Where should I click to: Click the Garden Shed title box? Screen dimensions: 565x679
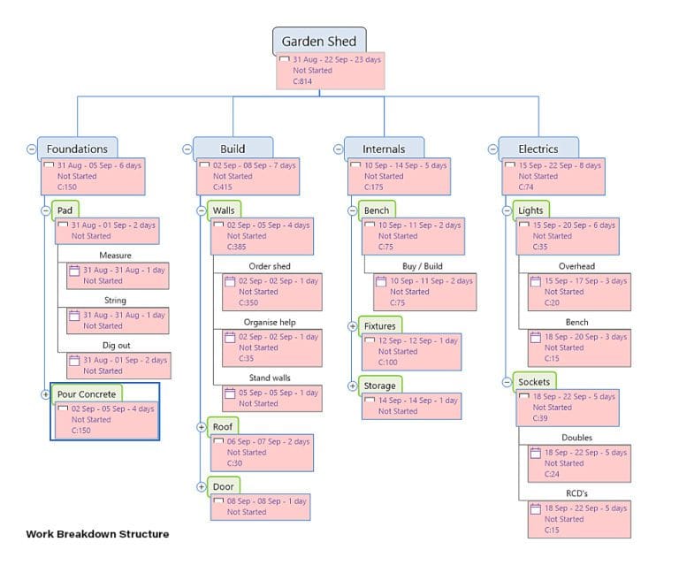pyautogui.click(x=318, y=41)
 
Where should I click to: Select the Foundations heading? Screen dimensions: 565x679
pyautogui.click(x=77, y=149)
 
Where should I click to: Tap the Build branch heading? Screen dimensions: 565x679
pyautogui.click(x=233, y=149)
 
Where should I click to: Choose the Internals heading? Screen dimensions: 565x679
pyautogui.click(x=384, y=149)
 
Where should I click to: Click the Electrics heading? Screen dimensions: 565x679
pyautogui.click(x=538, y=149)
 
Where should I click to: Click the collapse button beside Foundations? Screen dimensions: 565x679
pyautogui.click(x=32, y=149)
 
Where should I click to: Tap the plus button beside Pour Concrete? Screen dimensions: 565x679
pyautogui.click(x=46, y=393)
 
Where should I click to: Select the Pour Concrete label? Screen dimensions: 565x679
pyautogui.click(x=86, y=393)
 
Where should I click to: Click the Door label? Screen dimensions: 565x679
pyautogui.click(x=223, y=486)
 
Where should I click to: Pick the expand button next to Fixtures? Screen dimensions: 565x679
pyautogui.click(x=352, y=326)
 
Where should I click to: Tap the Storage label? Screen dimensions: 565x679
pyautogui.click(x=380, y=386)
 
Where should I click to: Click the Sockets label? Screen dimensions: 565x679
pyautogui.click(x=534, y=382)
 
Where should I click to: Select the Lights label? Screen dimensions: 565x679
pyautogui.click(x=530, y=210)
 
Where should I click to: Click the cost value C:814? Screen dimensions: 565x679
pyautogui.click(x=302, y=81)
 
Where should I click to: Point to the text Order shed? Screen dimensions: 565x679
pyautogui.click(x=269, y=266)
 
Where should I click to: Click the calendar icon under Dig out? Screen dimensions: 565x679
pyautogui.click(x=75, y=360)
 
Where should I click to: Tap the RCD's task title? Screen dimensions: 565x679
pyautogui.click(x=576, y=493)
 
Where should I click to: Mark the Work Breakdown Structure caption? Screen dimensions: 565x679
pyautogui.click(x=97, y=534)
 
